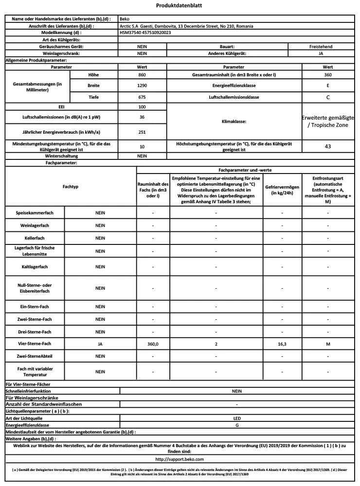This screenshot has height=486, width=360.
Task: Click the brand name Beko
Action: (125, 19)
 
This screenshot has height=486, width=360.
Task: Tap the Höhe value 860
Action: (142, 75)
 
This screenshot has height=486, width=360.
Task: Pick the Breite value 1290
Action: (142, 86)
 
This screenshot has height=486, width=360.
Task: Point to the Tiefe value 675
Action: (142, 97)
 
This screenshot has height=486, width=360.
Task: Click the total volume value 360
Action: (327, 75)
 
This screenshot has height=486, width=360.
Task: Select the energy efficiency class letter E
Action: (327, 86)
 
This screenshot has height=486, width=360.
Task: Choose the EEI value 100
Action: (142, 106)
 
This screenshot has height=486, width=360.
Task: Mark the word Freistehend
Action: (321, 47)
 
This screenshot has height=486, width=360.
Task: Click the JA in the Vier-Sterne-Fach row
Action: (100, 344)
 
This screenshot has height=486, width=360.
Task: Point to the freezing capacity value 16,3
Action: (282, 344)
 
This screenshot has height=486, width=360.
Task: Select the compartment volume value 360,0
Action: (153, 344)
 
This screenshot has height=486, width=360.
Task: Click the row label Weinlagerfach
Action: (36, 226)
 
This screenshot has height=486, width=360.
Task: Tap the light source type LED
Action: (236, 417)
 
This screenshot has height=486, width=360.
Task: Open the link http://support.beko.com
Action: (179, 459)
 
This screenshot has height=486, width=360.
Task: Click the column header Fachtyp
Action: (71, 187)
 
